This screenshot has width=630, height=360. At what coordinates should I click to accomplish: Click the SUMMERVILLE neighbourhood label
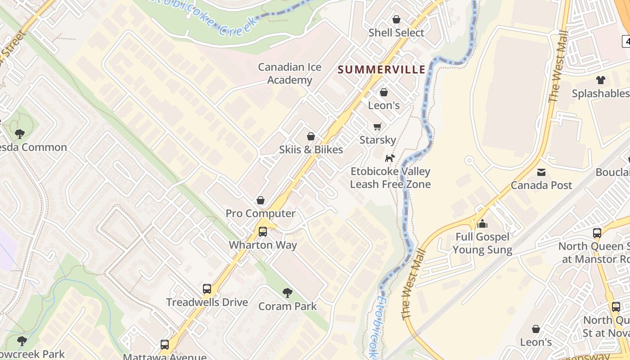tap(381, 69)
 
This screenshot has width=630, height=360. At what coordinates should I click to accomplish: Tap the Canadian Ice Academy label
tap(289, 73)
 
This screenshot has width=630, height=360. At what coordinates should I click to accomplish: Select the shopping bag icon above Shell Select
tap(396, 19)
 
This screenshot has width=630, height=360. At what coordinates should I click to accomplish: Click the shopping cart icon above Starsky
tap(377, 126)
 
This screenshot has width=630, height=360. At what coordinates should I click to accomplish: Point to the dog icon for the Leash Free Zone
tap(390, 158)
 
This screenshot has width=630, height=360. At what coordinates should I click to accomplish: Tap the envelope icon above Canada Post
tap(541, 172)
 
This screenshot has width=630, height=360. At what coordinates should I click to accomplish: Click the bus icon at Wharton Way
tap(262, 232)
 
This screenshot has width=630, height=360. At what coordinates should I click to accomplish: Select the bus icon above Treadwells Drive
tap(207, 289)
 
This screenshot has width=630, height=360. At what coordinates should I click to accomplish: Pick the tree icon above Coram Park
tap(287, 293)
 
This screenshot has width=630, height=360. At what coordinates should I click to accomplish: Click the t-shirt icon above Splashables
tap(600, 80)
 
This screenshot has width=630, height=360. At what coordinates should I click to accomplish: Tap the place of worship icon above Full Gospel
tap(482, 223)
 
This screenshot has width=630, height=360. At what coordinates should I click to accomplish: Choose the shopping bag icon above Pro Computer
tap(260, 200)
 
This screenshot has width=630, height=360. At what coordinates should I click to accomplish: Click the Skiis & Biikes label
tap(310, 149)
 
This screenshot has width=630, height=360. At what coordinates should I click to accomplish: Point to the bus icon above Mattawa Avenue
tap(165, 345)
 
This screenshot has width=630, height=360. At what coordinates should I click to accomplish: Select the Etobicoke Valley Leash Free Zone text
tap(390, 178)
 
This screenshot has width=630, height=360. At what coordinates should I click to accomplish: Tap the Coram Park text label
tap(287, 306)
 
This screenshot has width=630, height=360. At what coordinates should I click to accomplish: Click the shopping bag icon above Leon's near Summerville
tap(384, 92)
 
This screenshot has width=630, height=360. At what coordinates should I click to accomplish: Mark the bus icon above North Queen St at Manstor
tap(597, 233)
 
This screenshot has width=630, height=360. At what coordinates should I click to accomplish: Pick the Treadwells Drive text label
tap(207, 302)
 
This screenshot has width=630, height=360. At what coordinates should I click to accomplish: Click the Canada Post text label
tap(541, 185)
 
